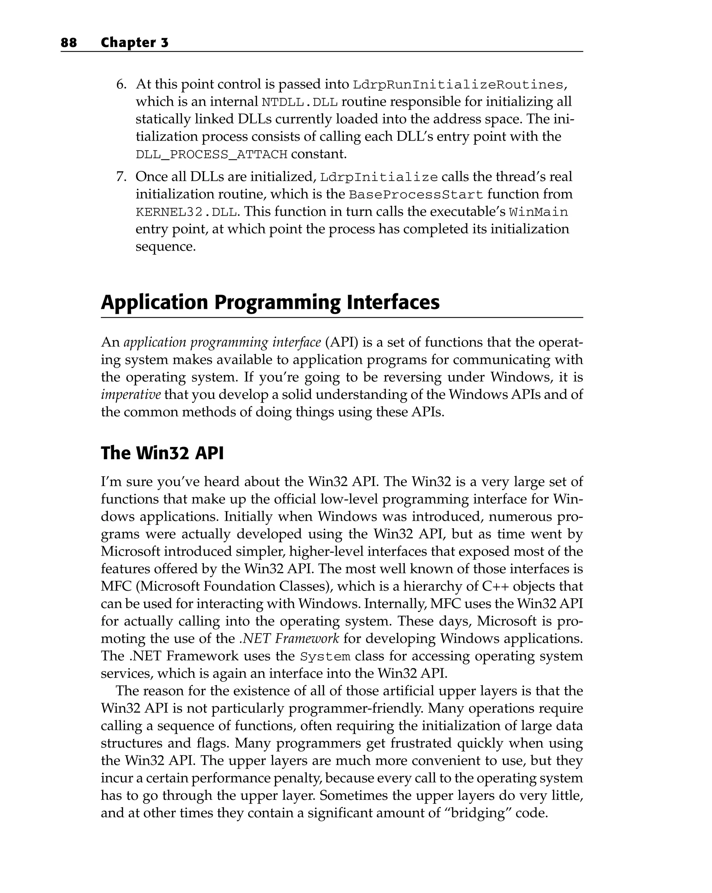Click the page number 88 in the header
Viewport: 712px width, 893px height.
[x=69, y=43]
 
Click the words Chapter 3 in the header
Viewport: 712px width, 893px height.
[x=135, y=43]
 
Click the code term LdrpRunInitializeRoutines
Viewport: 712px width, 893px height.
[x=458, y=85]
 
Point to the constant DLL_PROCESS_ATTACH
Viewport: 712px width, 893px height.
[x=211, y=154]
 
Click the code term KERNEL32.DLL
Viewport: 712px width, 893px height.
[x=186, y=213]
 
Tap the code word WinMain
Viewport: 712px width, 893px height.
[x=538, y=213]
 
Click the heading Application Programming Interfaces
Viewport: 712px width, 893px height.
[x=270, y=302]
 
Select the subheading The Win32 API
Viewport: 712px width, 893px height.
[x=162, y=453]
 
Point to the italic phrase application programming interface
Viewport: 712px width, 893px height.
[x=222, y=343]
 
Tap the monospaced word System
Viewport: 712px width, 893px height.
[x=325, y=656]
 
